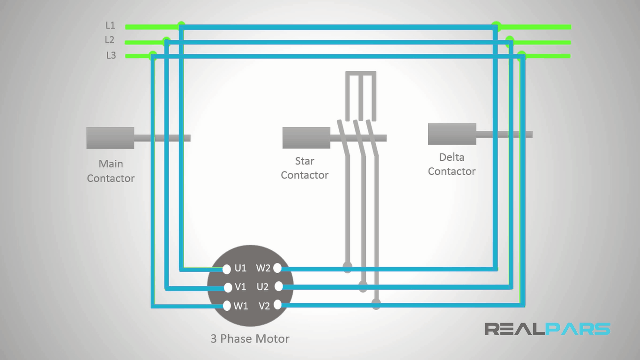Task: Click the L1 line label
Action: click(110, 25)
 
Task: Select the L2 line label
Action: click(110, 40)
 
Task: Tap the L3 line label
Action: click(111, 55)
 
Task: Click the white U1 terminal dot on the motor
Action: click(227, 269)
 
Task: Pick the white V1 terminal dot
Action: click(227, 287)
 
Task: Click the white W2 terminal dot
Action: click(277, 268)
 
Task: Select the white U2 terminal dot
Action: click(278, 286)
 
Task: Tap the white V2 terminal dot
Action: click(277, 305)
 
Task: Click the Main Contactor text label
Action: click(111, 171)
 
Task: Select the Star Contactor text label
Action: click(305, 168)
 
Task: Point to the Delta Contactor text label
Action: click(452, 165)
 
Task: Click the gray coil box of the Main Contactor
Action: click(110, 138)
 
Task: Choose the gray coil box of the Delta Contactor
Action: click(452, 134)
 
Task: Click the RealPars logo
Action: click(547, 329)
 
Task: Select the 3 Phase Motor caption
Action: click(250, 338)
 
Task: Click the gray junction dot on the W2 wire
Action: click(348, 268)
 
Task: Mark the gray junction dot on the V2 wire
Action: click(376, 305)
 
